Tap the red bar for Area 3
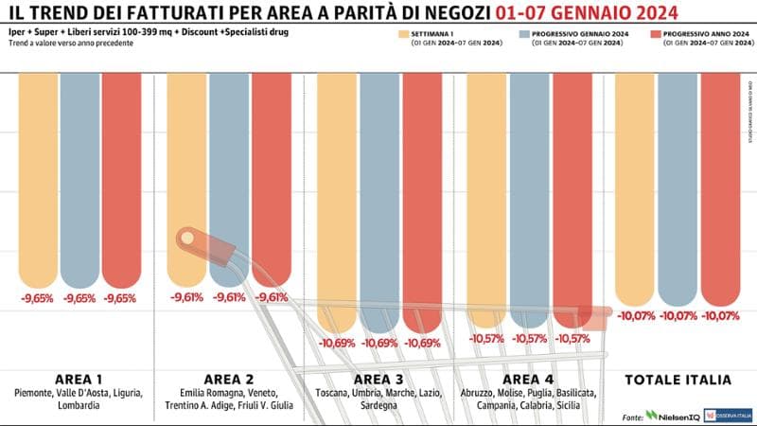[421, 199]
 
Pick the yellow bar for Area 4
[487, 199]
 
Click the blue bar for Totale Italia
[678, 189]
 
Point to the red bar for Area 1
[120, 180]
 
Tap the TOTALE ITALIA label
[678, 380]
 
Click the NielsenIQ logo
[673, 415]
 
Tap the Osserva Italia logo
[733, 415]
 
